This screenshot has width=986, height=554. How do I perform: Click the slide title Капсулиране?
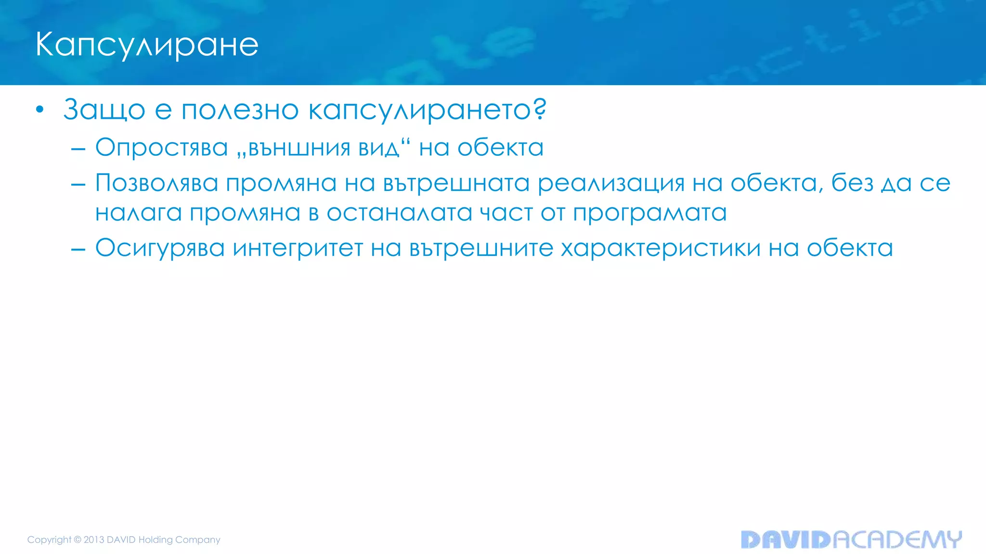[147, 45]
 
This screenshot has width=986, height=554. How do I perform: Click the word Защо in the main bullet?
[104, 110]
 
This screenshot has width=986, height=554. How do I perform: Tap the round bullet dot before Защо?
[40, 110]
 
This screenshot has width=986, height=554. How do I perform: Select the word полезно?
[240, 110]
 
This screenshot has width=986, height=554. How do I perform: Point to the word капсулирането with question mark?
[427, 111]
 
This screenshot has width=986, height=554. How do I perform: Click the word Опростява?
[161, 148]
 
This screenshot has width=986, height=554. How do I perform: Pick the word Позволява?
[156, 183]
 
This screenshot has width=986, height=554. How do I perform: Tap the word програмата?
[649, 213]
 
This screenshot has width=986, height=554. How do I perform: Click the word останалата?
[399, 213]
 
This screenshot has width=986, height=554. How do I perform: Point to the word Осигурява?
[160, 249]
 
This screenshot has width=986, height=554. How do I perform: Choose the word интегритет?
[298, 249]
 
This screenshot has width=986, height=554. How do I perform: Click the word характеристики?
[660, 249]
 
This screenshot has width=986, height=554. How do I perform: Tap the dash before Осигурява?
[78, 250]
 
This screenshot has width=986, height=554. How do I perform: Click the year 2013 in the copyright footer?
[94, 540]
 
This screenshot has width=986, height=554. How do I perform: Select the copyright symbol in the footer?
[78, 540]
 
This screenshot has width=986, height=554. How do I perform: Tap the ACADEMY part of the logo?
[897, 540]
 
